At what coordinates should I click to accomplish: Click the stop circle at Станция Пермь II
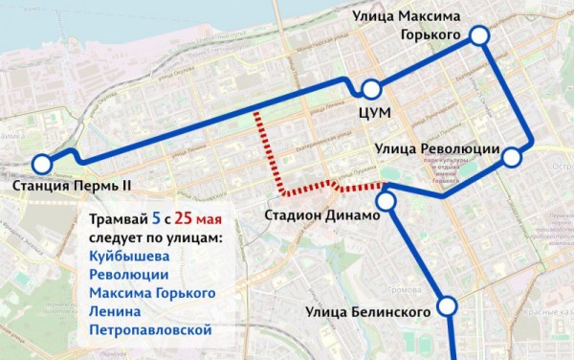[x=42, y=164]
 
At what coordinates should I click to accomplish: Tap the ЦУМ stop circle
[x=369, y=90]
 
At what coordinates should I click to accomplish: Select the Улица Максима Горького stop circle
[x=478, y=35]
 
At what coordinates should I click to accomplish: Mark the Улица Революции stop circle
[x=513, y=158]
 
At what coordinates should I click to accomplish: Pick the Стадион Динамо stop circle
[x=386, y=201]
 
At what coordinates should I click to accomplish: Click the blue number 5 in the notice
[x=156, y=217]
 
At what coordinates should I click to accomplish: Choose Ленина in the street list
[x=115, y=311]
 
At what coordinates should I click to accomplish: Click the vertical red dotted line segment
[x=256, y=144]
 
